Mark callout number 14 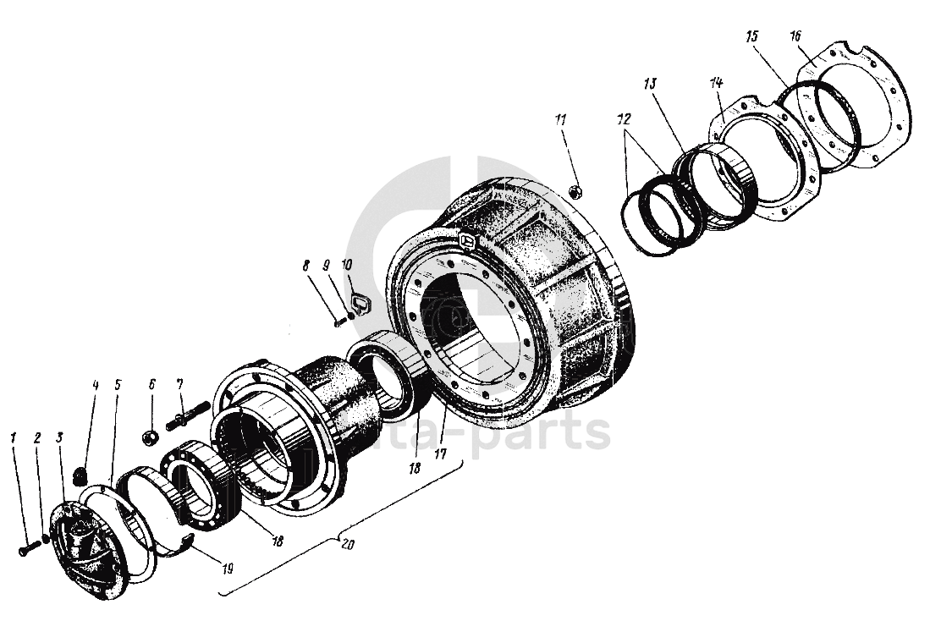716,83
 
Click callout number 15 752,36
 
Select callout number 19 228,567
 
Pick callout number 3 59,438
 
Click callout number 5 117,385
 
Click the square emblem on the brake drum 467,241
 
